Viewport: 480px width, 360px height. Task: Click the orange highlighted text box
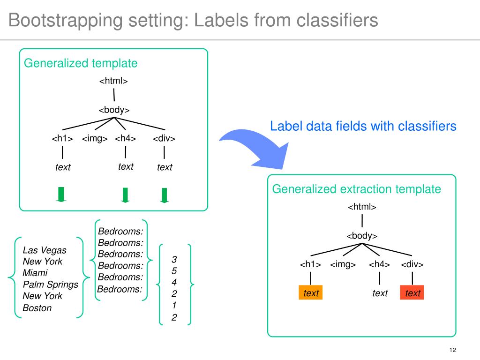(310, 292)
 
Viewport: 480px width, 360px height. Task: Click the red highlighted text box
(412, 292)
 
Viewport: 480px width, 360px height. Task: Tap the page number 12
(452, 350)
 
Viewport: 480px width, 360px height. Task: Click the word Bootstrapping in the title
(65, 21)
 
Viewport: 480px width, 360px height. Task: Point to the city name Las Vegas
(45, 250)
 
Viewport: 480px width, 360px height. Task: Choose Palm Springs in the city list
(51, 285)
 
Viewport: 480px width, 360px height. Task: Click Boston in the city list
(37, 307)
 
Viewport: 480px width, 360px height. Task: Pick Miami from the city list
(35, 273)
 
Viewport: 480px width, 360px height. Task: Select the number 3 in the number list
(174, 259)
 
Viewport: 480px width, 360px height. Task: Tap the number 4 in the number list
(174, 282)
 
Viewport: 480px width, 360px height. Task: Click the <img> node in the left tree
(95, 138)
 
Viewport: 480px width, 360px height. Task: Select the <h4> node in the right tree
(379, 264)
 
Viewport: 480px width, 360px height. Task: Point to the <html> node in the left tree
(113, 81)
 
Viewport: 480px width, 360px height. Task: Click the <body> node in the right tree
(362, 236)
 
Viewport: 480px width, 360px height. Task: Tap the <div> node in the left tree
(164, 138)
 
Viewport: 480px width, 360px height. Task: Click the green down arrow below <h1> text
(61, 195)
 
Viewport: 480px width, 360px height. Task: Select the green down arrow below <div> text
(165, 195)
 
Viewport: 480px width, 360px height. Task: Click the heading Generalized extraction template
(357, 189)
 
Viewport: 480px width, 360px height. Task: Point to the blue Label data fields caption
(363, 126)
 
